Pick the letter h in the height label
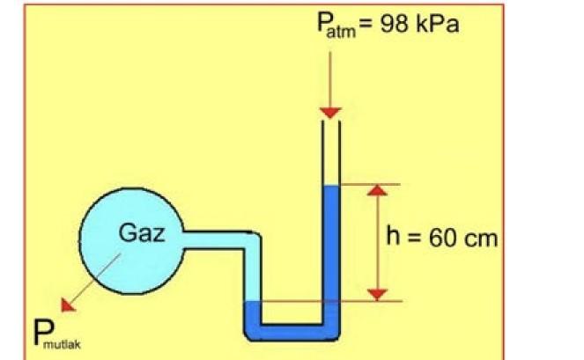(395, 236)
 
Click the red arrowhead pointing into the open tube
(330, 112)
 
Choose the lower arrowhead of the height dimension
(377, 293)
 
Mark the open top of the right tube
(330, 123)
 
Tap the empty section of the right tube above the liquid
(330, 154)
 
